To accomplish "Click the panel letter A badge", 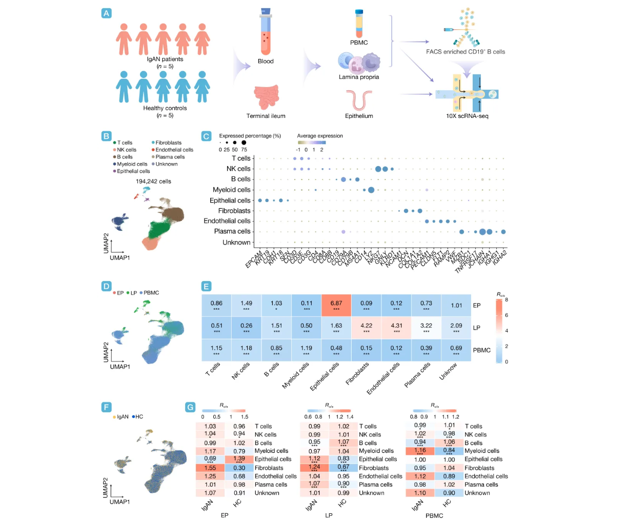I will pos(106,13).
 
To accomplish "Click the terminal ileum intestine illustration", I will pos(266,97).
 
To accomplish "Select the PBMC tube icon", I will pos(359,24).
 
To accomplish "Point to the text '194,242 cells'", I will pos(153,182).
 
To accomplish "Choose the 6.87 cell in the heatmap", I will pos(336,306).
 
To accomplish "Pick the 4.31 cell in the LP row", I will pos(396,328).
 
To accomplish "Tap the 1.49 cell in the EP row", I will pos(246,306).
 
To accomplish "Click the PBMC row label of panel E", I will pos(481,350).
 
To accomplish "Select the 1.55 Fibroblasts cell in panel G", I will pos(210,468).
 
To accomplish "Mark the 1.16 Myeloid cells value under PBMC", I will pos(420,451).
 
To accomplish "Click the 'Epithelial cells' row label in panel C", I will pos(230,200).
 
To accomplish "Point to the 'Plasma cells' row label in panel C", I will pos(232,231).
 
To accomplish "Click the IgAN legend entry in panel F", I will pos(120,417).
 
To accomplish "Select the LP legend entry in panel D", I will pos(131,293).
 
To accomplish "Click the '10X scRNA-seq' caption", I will pos(467,116).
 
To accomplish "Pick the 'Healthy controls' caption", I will pos(165,108).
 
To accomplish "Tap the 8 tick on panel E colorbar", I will pos(506,299).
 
